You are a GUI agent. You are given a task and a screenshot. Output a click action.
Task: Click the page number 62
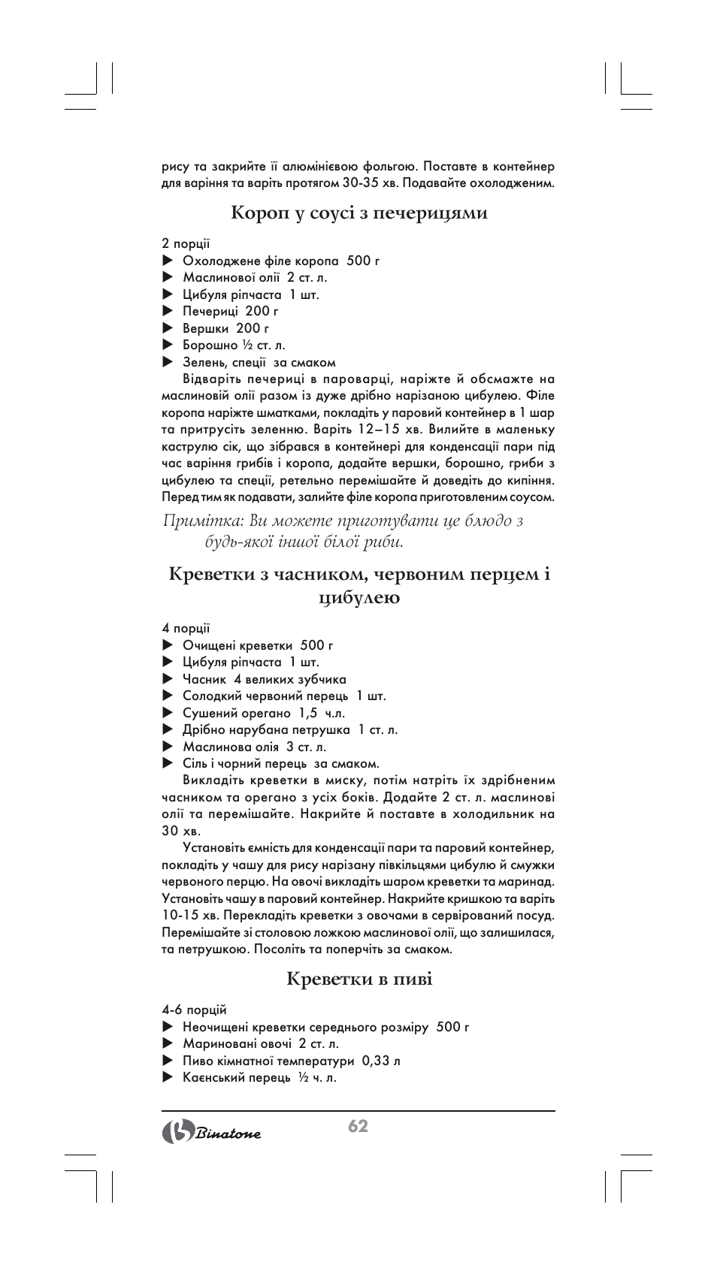coord(358,1125)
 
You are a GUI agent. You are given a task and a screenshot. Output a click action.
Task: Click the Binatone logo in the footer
coord(212,1133)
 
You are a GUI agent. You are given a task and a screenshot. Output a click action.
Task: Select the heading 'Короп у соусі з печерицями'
coord(359,213)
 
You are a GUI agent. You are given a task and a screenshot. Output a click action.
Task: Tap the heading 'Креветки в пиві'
coord(359,979)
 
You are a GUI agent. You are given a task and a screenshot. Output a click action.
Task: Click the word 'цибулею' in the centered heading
coord(359,598)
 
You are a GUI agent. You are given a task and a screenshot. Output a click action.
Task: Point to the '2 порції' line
coord(186,243)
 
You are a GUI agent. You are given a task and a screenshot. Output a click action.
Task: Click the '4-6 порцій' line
coord(194,1010)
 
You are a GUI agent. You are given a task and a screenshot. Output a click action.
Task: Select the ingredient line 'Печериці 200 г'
coord(230,311)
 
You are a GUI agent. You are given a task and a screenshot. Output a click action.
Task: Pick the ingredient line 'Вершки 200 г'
coord(225,328)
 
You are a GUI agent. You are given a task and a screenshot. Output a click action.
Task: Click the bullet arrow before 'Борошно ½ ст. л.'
coord(168,346)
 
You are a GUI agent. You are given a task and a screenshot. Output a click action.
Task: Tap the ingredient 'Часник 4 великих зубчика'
coord(264,679)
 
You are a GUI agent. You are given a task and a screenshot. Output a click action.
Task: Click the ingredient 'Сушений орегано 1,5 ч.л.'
coord(263,713)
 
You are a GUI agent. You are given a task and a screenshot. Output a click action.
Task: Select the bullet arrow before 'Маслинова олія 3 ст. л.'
coord(168,747)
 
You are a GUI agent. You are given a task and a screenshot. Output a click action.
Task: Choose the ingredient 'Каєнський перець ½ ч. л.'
coord(259,1077)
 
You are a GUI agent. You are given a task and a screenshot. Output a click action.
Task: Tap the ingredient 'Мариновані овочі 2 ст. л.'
coord(260,1043)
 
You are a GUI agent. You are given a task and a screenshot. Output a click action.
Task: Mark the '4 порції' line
coord(186,628)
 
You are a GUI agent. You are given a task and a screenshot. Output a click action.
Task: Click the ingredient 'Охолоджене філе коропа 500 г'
coord(280,261)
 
